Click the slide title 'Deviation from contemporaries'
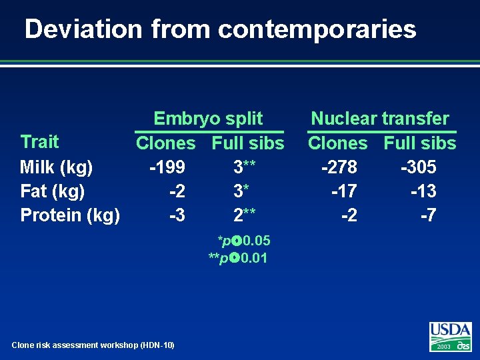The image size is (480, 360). (220, 29)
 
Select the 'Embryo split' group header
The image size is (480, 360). (208, 119)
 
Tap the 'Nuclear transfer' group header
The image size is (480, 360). (380, 119)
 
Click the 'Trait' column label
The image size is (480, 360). (39, 141)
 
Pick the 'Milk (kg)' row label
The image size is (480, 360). (57, 167)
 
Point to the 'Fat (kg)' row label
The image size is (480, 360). (53, 191)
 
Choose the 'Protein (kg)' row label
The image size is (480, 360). (70, 215)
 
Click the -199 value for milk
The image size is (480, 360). (167, 167)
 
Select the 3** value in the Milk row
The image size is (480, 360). (245, 167)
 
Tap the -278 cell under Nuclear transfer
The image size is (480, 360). (339, 167)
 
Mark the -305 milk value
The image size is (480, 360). (418, 167)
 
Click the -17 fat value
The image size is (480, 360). (344, 191)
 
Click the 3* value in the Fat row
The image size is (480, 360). (241, 191)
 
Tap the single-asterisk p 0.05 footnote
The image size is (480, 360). (243, 240)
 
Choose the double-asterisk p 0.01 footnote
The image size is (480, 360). (238, 258)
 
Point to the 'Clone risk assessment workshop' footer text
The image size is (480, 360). (93, 345)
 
